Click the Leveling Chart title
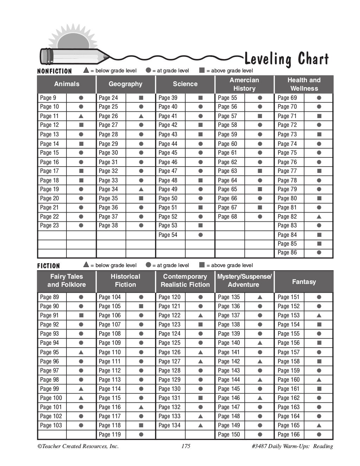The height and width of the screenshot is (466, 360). pyautogui.click(x=286, y=59)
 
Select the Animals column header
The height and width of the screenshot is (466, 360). pyautogui.click(x=66, y=84)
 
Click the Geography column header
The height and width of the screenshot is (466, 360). pyautogui.click(x=126, y=84)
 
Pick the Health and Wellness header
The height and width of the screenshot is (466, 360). pyautogui.click(x=304, y=84)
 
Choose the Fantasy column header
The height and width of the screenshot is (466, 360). pyautogui.click(x=304, y=281)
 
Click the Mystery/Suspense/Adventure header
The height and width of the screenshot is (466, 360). pyautogui.click(x=244, y=281)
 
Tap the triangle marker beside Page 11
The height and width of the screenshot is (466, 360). pyautogui.click(x=81, y=116)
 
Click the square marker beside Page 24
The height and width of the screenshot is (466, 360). pyautogui.click(x=141, y=98)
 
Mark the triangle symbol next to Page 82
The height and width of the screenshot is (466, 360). pyautogui.click(x=319, y=217)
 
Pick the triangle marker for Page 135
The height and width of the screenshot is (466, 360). pyautogui.click(x=260, y=297)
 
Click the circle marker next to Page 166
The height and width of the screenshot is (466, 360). pyautogui.click(x=319, y=434)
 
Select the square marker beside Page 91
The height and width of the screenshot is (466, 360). pyautogui.click(x=81, y=315)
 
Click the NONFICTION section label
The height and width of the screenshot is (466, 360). pyautogui.click(x=54, y=71)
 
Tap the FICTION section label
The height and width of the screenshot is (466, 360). pyautogui.click(x=49, y=266)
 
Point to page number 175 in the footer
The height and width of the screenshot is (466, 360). pyautogui.click(x=186, y=446)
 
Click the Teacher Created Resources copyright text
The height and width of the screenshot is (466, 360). pyautogui.click(x=78, y=446)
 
